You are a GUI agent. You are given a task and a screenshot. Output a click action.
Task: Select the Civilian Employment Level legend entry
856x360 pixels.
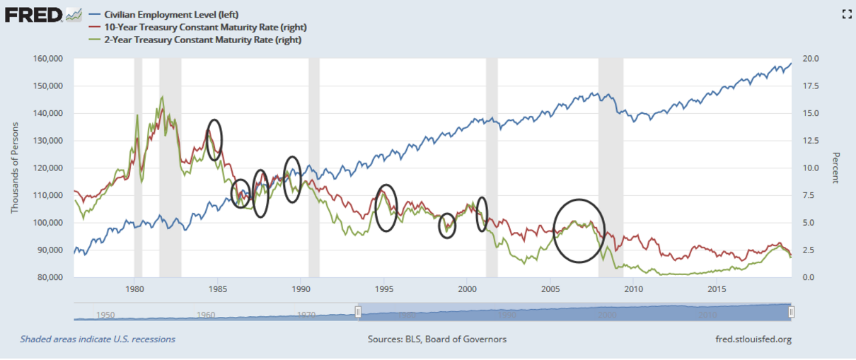[158, 14]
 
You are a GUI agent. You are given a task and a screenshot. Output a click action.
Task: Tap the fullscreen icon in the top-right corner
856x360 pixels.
[845, 14]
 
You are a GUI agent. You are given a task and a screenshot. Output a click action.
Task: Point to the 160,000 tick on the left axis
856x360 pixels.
[49, 59]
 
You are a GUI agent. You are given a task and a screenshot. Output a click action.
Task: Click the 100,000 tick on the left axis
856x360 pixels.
[49, 223]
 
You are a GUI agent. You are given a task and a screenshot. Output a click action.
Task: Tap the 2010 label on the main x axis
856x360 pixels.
[633, 289]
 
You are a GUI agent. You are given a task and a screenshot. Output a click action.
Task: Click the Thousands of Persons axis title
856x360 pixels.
[14, 167]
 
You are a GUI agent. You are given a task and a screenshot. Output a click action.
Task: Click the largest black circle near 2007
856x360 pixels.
[579, 231]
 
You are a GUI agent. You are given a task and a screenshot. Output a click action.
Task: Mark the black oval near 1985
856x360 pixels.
[214, 139]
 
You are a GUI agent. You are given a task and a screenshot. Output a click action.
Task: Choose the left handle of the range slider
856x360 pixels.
[358, 312]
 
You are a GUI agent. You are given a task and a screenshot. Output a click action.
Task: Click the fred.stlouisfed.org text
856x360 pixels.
[753, 339]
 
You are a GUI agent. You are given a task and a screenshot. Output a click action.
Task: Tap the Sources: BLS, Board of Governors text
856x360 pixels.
[436, 339]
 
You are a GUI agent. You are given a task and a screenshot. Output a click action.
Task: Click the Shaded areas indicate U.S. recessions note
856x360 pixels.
[98, 339]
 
